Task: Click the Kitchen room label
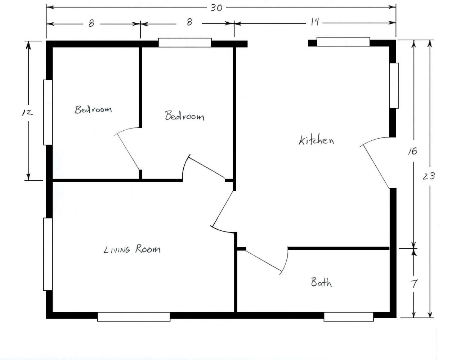point(316,140)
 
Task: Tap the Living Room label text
point(132,249)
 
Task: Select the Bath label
point(321,282)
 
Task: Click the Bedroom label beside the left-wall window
point(93,109)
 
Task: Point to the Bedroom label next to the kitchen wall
point(184,116)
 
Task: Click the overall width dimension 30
point(216,8)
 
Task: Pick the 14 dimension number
point(315,22)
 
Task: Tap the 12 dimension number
point(27,112)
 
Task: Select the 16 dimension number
point(413,151)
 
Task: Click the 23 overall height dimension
point(429,176)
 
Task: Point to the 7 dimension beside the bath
point(414,283)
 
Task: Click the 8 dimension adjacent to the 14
point(189,22)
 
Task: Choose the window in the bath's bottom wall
point(349,317)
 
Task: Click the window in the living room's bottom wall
point(134,317)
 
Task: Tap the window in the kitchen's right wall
point(394,86)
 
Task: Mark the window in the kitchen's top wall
point(343,42)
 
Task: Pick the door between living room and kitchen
point(223,208)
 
